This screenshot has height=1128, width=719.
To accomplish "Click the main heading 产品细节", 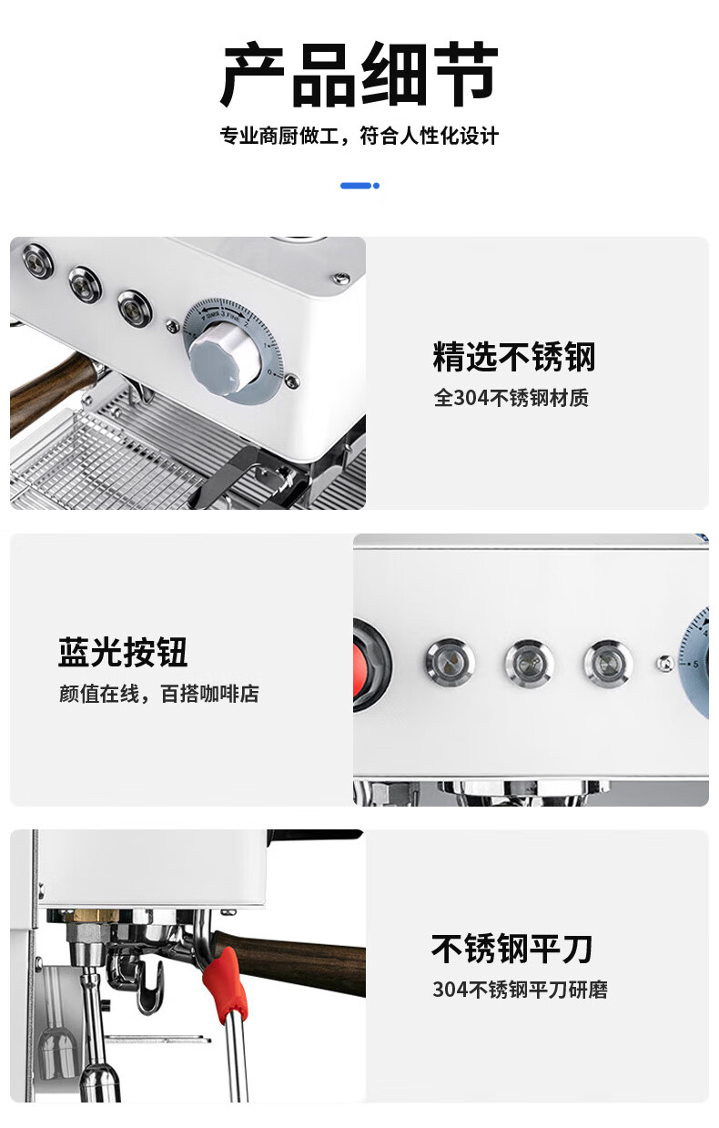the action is (359, 76).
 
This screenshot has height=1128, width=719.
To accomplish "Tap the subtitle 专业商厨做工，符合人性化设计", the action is (359, 136).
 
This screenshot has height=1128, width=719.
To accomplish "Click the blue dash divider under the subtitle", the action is (359, 186).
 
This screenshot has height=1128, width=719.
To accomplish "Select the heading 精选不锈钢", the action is (514, 357).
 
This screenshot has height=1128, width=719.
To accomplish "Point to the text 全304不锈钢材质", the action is (511, 398).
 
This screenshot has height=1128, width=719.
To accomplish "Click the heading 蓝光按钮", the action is (123, 652).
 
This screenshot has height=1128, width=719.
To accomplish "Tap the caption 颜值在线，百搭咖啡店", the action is (159, 694).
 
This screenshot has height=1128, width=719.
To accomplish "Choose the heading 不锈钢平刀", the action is (511, 949).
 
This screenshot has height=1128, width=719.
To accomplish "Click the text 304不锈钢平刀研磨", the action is (520, 990).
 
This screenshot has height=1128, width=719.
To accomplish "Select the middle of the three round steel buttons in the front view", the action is (529, 663).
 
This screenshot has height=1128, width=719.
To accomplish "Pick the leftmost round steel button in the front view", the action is (450, 662).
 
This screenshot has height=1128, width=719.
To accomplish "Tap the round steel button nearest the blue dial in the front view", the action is (608, 663).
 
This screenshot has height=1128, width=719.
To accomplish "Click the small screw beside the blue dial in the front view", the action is (665, 663).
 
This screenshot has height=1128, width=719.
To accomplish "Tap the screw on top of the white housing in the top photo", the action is (342, 277).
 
